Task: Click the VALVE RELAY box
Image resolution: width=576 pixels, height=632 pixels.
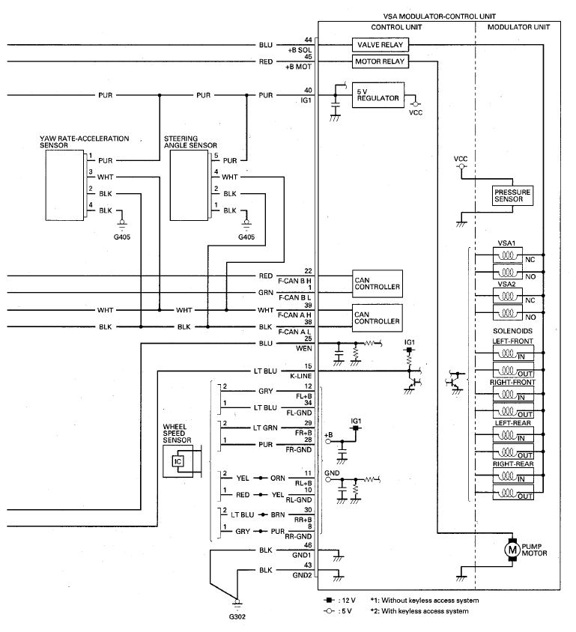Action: (x=380, y=45)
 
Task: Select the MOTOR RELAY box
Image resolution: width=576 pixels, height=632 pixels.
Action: (x=380, y=61)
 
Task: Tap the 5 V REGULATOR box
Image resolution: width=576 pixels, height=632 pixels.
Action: (x=378, y=95)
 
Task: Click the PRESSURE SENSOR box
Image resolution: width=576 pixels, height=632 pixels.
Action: (x=512, y=195)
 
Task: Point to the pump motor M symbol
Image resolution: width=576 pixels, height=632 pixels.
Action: (x=512, y=549)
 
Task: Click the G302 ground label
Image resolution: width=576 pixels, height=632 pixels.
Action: (x=237, y=616)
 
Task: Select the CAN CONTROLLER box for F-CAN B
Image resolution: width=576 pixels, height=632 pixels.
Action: (x=378, y=283)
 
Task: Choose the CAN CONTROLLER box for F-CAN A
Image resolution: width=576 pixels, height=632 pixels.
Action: (x=378, y=317)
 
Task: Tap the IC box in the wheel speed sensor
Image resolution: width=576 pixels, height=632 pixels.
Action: (x=178, y=461)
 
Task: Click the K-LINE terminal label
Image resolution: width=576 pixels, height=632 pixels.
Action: (x=300, y=376)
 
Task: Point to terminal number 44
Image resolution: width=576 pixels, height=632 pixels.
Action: (x=308, y=40)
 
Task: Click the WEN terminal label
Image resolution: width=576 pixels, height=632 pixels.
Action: (x=304, y=348)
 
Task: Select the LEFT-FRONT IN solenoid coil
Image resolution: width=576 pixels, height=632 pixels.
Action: (x=513, y=354)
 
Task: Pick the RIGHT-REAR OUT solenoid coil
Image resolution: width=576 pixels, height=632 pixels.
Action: (x=513, y=493)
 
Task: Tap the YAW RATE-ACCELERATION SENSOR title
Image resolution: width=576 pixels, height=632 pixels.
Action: (x=84, y=142)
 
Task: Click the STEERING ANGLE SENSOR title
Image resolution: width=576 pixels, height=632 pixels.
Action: (x=190, y=142)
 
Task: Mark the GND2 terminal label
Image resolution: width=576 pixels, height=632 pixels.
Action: (x=302, y=575)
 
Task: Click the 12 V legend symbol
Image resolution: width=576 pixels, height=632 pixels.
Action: (x=329, y=600)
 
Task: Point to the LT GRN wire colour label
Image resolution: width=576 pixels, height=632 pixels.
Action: (x=265, y=428)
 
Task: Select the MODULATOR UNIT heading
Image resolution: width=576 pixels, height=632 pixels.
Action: (x=518, y=28)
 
